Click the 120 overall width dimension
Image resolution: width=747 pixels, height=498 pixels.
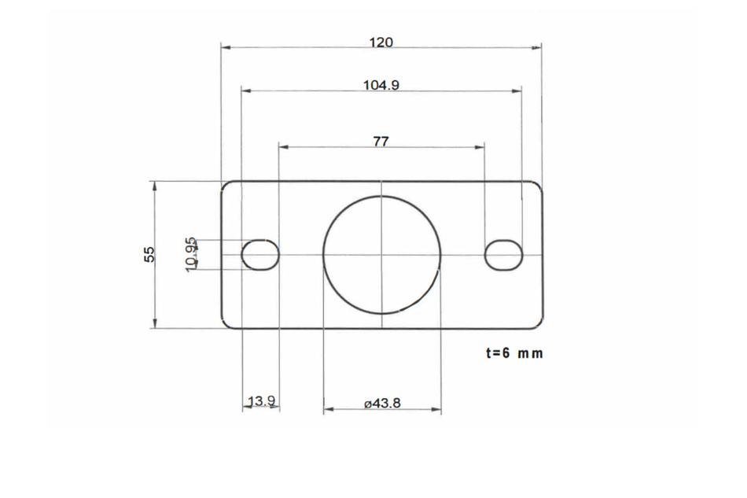tap(381, 42)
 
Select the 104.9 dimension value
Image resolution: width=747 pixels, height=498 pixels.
tap(381, 85)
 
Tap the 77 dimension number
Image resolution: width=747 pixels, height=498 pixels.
tap(381, 141)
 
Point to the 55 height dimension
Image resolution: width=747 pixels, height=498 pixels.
tap(149, 254)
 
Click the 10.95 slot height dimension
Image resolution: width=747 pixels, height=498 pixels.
tap(191, 254)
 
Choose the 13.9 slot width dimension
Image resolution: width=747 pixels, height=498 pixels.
tap(261, 402)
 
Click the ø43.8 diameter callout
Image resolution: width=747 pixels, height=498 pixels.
tap(383, 403)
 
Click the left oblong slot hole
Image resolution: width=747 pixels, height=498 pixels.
tap(260, 255)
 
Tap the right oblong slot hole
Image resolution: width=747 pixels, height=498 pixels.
tap(504, 255)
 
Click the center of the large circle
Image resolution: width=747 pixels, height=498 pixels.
tap(382, 254)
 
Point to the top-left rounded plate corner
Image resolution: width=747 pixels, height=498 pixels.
tap(226, 186)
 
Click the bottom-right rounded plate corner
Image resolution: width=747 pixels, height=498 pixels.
tap(538, 323)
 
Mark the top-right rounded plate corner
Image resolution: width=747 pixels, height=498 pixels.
tap(538, 186)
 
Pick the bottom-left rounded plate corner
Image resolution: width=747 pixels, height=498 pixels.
tap(226, 323)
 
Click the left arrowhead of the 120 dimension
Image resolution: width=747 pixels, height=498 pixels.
tap(225, 48)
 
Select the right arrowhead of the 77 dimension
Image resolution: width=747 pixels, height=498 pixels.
tap(480, 146)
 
